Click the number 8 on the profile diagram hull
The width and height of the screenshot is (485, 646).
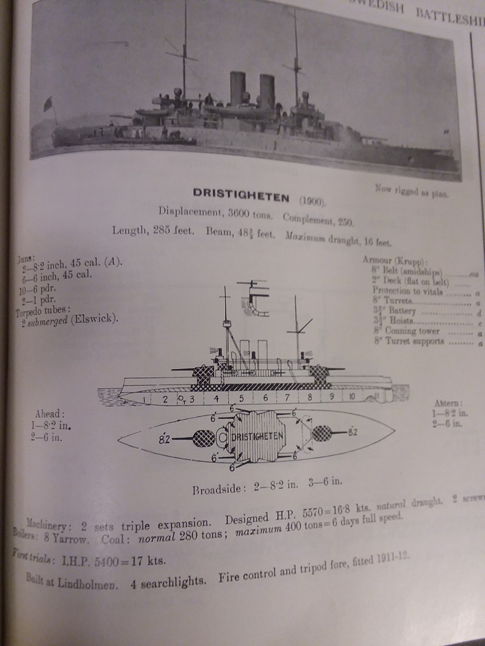click(x=310, y=398)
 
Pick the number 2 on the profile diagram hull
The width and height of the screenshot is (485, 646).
click(x=165, y=399)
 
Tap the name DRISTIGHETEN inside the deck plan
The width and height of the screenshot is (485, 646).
click(x=258, y=437)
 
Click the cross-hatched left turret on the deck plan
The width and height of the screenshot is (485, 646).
click(x=203, y=438)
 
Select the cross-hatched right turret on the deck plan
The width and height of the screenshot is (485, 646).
click(x=321, y=433)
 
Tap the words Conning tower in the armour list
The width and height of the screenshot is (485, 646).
click(x=416, y=331)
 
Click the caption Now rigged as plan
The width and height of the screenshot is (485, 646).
click(x=411, y=190)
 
